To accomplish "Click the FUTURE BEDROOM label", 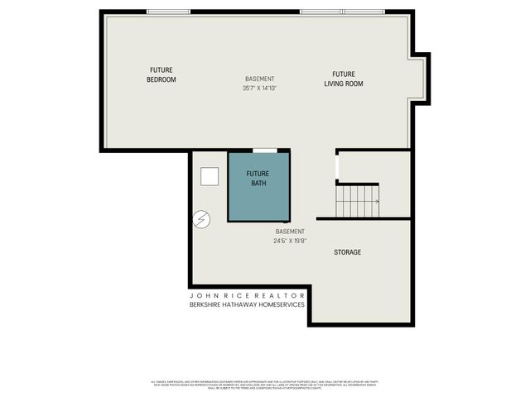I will point(161,74).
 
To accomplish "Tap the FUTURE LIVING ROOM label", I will point(343,79).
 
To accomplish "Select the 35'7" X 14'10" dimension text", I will point(259,88).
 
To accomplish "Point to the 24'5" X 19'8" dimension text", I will point(290,242).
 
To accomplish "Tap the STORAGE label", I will point(347,251).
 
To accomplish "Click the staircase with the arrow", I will point(357,200).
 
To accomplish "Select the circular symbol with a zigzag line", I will point(201,219).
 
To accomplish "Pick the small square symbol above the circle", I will point(209,176).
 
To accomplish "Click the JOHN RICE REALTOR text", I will point(248,295).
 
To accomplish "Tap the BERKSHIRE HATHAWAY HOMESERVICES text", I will point(248,304).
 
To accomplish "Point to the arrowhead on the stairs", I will point(377,201).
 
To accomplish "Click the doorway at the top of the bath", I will point(264,151).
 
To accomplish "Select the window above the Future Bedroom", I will point(170,12).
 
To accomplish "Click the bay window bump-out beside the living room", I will point(421,79).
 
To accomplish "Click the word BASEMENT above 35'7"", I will point(259,79).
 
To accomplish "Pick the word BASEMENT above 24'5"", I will point(290,232).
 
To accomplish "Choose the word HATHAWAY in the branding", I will point(241,304).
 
